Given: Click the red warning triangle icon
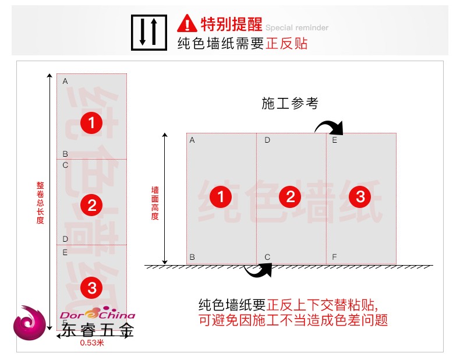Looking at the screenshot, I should click(x=187, y=23).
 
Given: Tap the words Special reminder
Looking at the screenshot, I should click(x=297, y=27).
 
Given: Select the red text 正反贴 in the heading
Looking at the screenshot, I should click(x=287, y=44).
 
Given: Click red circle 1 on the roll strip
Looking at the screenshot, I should click(x=91, y=122).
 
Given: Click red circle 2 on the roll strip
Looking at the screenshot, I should click(x=91, y=204).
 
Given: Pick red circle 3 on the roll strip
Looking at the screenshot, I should click(x=91, y=287).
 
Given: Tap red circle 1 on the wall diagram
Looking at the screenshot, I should click(x=221, y=197).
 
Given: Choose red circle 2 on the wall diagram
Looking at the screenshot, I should click(x=291, y=197).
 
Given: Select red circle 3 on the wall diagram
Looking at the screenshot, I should click(x=360, y=197).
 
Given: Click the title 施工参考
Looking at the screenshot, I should click(x=290, y=104).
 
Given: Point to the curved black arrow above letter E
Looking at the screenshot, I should click(x=330, y=125).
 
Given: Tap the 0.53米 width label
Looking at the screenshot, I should click(x=92, y=343).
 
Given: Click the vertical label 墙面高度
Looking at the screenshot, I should click(x=155, y=203).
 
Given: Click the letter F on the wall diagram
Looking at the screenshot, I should click(x=334, y=257).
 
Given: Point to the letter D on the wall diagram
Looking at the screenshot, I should click(x=267, y=140).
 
